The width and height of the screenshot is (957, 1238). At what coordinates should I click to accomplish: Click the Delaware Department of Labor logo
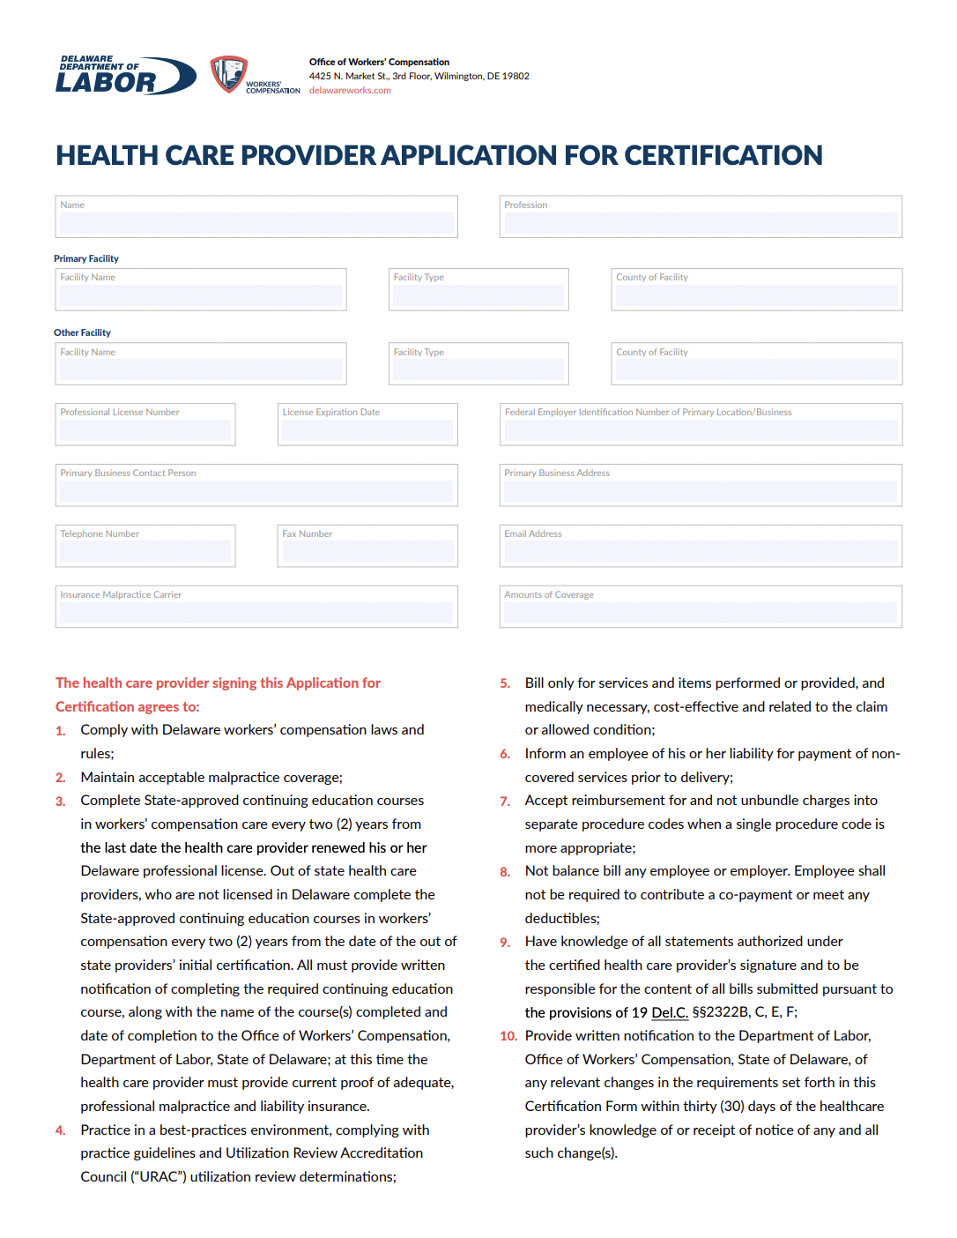point(125,76)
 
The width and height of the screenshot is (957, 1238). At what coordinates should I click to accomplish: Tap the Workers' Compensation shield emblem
point(228,74)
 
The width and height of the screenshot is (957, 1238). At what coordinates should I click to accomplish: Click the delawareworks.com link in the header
point(350,90)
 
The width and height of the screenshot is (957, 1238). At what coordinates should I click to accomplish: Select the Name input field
point(256,222)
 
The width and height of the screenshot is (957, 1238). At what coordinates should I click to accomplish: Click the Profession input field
point(701,222)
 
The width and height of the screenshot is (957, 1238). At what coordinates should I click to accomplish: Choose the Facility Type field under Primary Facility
point(478,295)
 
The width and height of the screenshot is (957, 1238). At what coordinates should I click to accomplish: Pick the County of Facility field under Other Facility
point(756,369)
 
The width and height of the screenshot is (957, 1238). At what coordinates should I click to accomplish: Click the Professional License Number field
point(145,429)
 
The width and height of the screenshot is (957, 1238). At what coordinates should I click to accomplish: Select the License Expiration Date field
point(367,429)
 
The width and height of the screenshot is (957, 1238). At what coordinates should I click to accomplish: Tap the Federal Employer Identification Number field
point(701,429)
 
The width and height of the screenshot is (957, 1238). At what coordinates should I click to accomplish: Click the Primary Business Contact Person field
point(256,490)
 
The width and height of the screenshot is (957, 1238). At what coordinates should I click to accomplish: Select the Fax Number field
point(367,551)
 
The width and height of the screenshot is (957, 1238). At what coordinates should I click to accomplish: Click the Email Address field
point(701,551)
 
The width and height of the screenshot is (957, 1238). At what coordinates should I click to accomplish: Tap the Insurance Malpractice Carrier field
point(256,612)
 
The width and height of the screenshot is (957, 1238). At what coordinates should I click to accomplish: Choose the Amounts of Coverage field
point(701,612)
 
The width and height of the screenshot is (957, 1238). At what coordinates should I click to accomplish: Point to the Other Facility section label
point(82,332)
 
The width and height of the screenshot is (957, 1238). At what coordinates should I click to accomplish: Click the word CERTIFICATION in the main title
point(723,155)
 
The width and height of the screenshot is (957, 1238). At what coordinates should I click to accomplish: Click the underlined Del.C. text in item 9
point(670,1012)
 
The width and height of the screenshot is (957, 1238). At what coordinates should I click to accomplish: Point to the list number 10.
point(508,1036)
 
